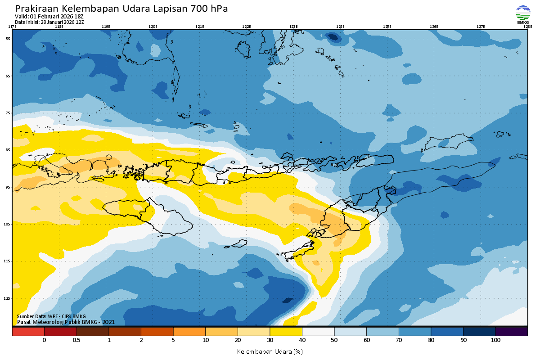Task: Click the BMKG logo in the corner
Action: [523, 13]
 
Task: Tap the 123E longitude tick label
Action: [293, 27]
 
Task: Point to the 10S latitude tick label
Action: [8, 224]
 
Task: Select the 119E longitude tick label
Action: [106, 27]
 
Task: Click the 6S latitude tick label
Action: [8, 76]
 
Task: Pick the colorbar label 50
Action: [334, 340]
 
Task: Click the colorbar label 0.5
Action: [76, 340]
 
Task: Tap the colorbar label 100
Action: [495, 340]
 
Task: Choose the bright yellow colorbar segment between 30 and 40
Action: [286, 332]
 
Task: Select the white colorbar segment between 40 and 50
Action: [318, 332]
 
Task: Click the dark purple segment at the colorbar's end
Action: [512, 332]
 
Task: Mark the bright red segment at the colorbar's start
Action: [28, 332]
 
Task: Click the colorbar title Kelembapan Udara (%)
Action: [270, 351]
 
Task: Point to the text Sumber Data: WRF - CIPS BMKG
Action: [51, 316]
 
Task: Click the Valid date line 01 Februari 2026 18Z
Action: [49, 17]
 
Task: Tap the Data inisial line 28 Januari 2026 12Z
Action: [49, 22]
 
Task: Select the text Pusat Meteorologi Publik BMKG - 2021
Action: [66, 322]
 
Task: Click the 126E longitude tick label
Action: [434, 27]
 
